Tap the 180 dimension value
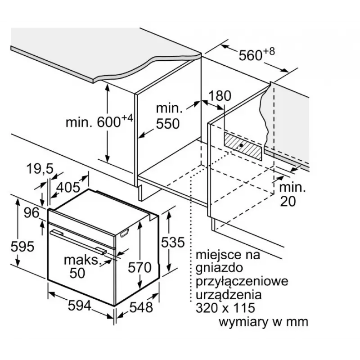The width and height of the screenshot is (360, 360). (x=220, y=96)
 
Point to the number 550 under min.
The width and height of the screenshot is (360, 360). (x=168, y=124)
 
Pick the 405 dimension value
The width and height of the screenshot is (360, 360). (x=68, y=187)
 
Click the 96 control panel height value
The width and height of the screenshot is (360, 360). (x=31, y=213)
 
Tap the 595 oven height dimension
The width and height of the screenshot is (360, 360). (x=22, y=246)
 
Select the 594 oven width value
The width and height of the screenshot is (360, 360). (x=80, y=306)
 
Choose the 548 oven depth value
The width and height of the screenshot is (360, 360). (x=141, y=307)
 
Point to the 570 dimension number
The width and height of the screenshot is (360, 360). (x=139, y=267)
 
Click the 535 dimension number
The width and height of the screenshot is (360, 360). (x=173, y=242)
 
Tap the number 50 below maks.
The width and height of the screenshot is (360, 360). (x=77, y=273)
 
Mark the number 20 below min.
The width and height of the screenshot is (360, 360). (x=288, y=201)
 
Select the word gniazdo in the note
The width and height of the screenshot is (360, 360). (x=219, y=268)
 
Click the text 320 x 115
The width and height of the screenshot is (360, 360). (x=225, y=308)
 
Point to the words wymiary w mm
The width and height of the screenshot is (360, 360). (x=263, y=322)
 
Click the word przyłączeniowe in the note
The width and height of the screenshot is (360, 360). (x=242, y=281)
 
